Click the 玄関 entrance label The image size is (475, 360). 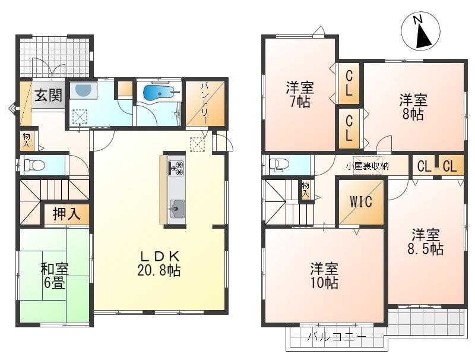[x=49, y=95]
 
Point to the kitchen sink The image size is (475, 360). [x=177, y=209]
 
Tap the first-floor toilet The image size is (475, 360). [x=34, y=165]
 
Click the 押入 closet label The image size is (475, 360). [x=66, y=214]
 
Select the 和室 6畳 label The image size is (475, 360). [x=55, y=276]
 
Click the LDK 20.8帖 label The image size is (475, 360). [x=159, y=264]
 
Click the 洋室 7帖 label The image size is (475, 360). [x=300, y=94]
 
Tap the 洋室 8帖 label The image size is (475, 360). [x=413, y=107]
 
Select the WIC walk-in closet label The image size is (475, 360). [x=361, y=202]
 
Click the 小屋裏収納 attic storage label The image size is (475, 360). [x=367, y=166]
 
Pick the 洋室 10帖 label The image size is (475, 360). [x=324, y=276]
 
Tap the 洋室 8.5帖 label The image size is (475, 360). [x=426, y=242]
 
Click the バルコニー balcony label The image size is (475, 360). [x=337, y=337]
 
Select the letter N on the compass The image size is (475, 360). [x=418, y=20]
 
